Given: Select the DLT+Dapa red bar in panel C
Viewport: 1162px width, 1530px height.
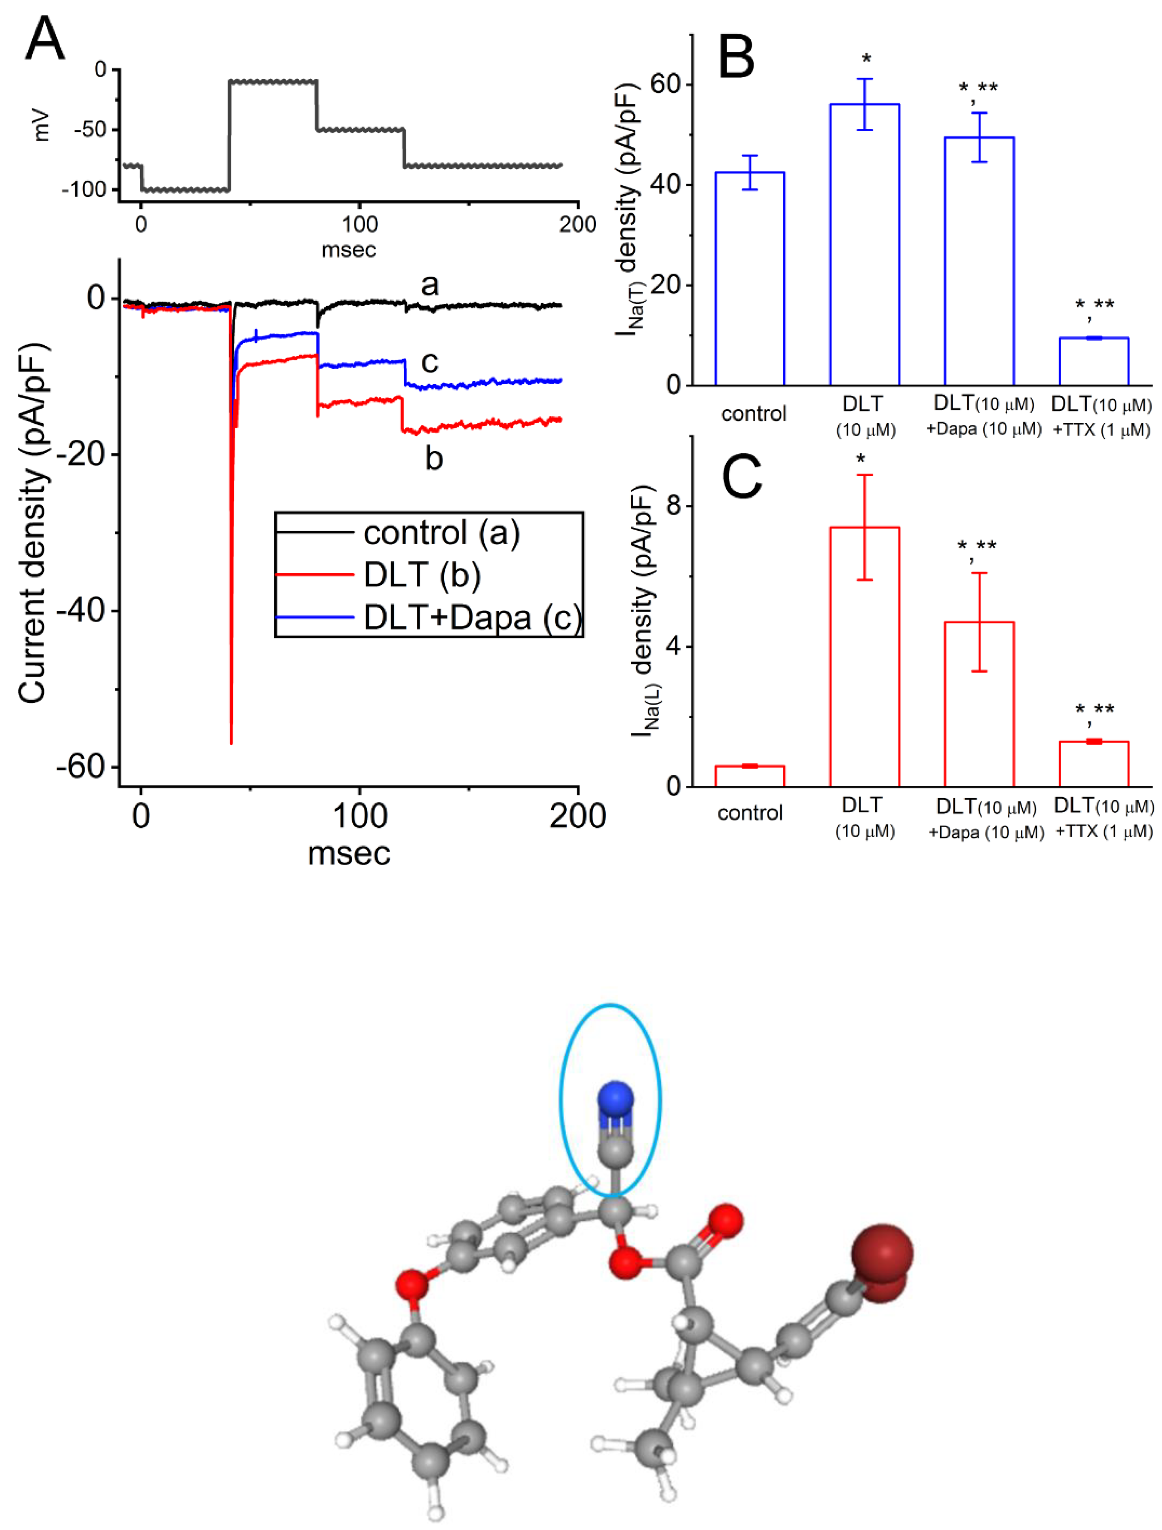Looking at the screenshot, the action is click(979, 704).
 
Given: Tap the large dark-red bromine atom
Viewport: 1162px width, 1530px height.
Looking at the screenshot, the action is click(882, 1253).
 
